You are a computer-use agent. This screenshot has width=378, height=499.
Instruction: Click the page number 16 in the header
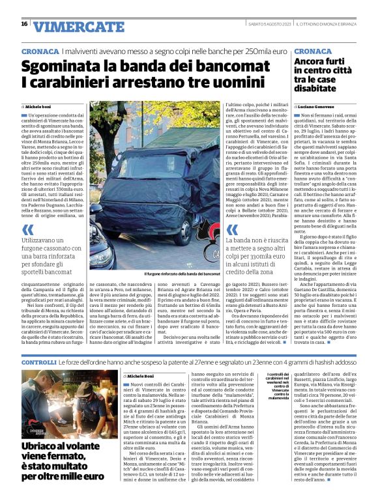[24, 24]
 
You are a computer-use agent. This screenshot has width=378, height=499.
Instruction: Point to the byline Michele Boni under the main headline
[38, 106]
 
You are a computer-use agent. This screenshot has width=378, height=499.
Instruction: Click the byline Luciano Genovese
[318, 106]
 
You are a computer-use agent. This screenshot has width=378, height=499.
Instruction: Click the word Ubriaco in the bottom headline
[41, 446]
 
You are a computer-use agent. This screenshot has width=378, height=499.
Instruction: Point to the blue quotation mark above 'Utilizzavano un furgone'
[27, 230]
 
